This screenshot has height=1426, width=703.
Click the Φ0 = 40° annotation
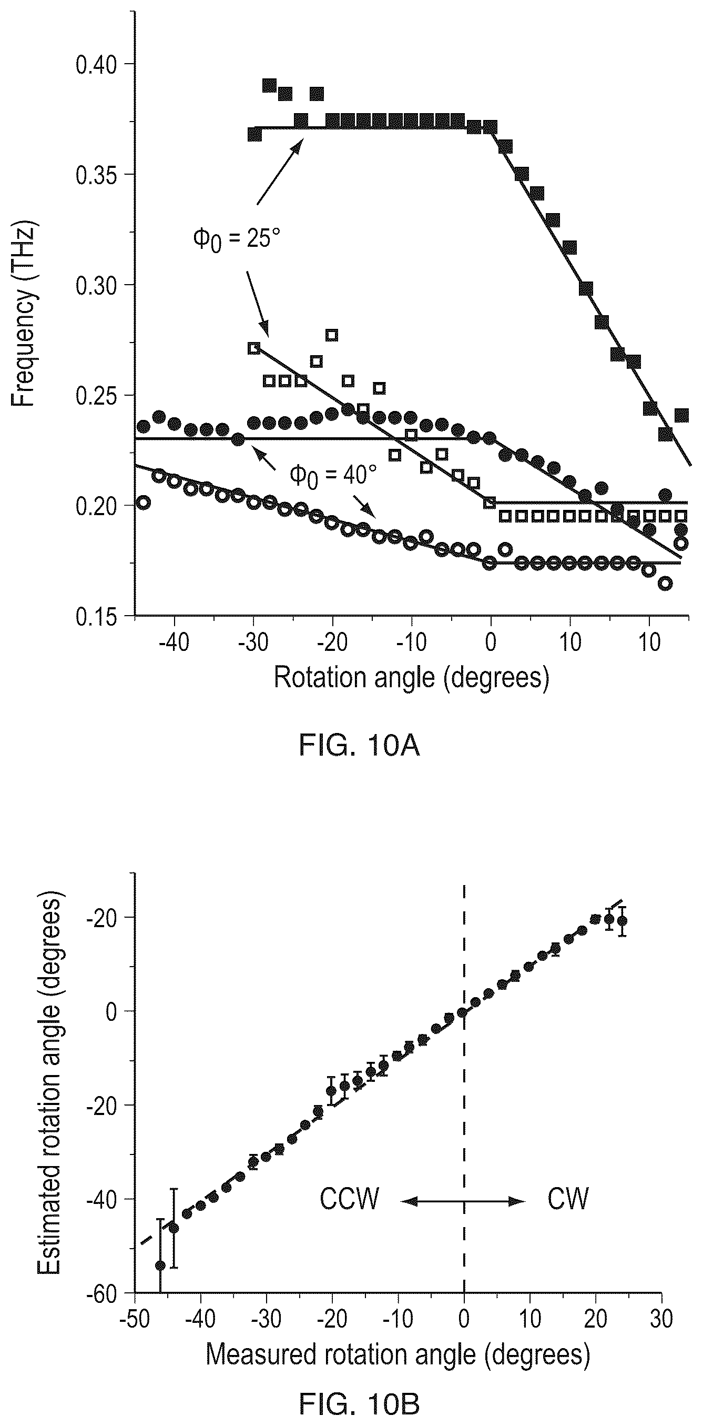coord(333,475)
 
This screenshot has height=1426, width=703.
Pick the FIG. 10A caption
coord(360,746)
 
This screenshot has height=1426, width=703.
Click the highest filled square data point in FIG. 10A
coord(269,85)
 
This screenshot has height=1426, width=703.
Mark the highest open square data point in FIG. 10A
coord(332,335)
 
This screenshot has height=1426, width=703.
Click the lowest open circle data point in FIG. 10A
coord(666,583)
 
